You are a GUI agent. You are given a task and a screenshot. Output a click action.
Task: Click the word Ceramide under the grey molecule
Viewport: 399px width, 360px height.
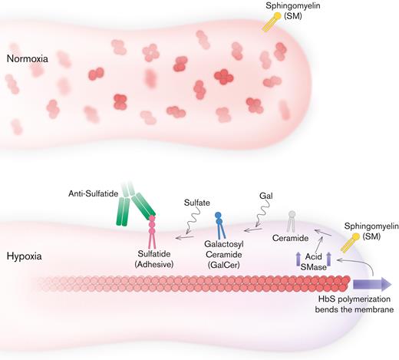click(x=291, y=240)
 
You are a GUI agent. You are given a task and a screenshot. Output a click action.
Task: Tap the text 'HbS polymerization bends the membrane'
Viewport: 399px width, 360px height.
click(x=351, y=309)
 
